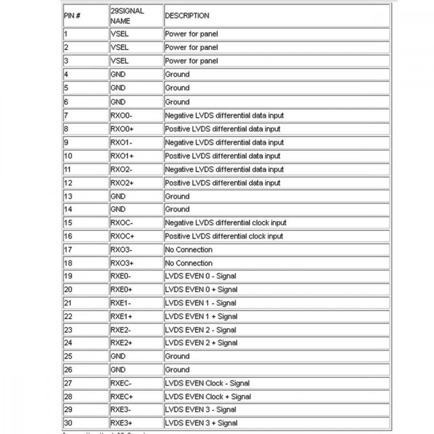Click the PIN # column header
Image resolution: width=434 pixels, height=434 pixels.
pyautogui.click(x=72, y=16)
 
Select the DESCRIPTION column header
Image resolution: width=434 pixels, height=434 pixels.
pyautogui.click(x=187, y=16)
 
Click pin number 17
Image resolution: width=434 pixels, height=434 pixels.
pyautogui.click(x=68, y=250)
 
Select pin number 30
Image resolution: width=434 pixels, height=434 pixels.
pyautogui.click(x=68, y=423)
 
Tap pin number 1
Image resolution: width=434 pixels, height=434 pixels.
pyautogui.click(x=66, y=34)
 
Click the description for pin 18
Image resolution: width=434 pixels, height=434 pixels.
pyautogui.click(x=189, y=263)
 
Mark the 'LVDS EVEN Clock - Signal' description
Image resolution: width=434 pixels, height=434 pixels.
pyautogui.click(x=207, y=383)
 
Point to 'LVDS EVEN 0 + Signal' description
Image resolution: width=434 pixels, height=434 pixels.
pyautogui.click(x=201, y=289)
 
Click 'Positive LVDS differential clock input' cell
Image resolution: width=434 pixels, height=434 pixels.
pyautogui.click(x=224, y=236)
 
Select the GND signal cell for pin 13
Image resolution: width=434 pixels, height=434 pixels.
pyautogui.click(x=118, y=197)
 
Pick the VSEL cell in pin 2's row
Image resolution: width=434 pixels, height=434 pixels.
pyautogui.click(x=119, y=47)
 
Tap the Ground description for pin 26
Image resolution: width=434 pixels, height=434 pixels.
pyautogui.click(x=177, y=369)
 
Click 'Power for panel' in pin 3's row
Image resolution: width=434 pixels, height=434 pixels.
pyautogui.click(x=191, y=61)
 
